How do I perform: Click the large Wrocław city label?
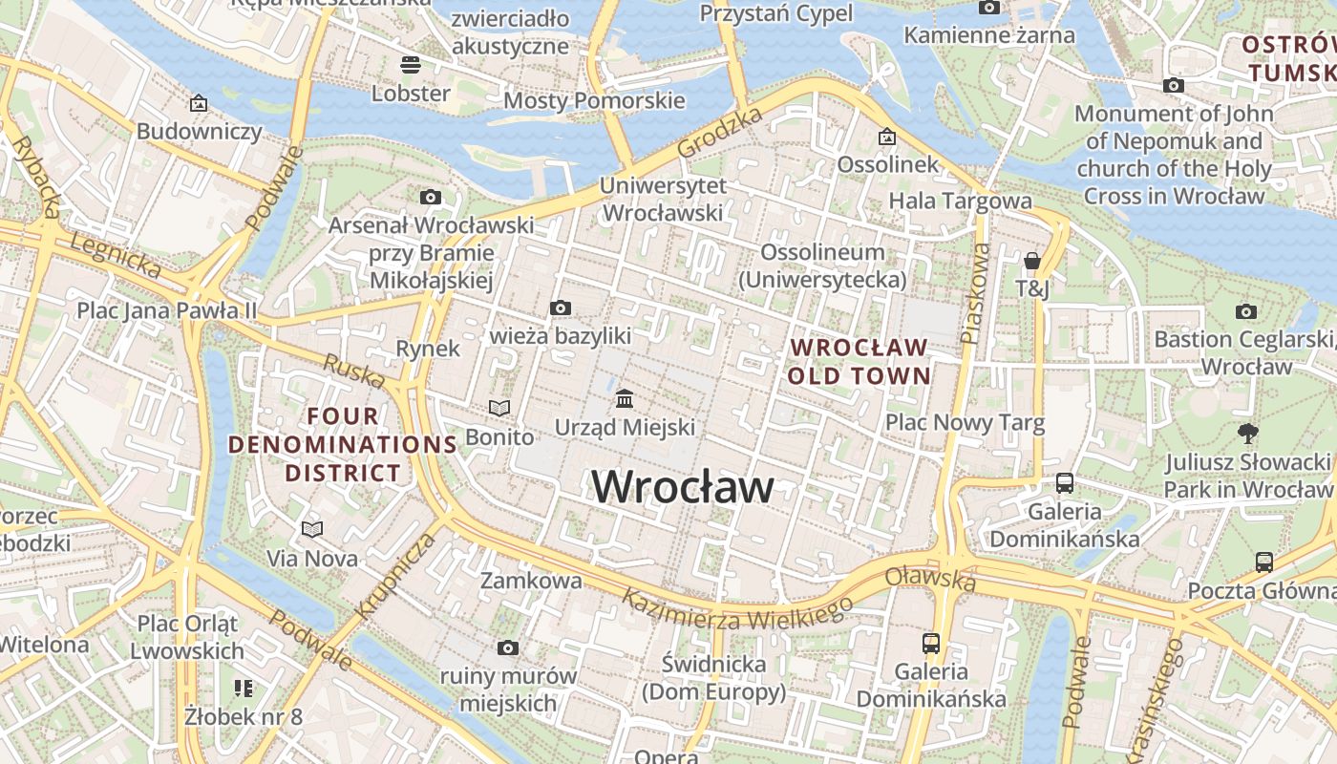[683, 487]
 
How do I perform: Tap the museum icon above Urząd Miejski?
[625, 397]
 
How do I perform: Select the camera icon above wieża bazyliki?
[561, 308]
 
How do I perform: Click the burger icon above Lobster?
[411, 65]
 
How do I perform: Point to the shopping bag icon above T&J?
[1031, 260]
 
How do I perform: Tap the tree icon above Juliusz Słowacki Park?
[1246, 434]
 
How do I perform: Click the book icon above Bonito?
[499, 408]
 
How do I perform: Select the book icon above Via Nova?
[312, 529]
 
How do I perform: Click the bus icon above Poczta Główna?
[1263, 562]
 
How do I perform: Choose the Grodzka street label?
[720, 133]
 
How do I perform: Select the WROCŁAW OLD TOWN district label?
[859, 361]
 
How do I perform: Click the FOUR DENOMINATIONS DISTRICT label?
[343, 444]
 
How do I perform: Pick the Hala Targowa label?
[960, 201]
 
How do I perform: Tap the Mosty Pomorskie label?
[594, 100]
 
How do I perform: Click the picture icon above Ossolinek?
[887, 137]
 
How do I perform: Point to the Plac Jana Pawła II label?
[167, 310]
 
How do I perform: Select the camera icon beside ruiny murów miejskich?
[508, 648]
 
